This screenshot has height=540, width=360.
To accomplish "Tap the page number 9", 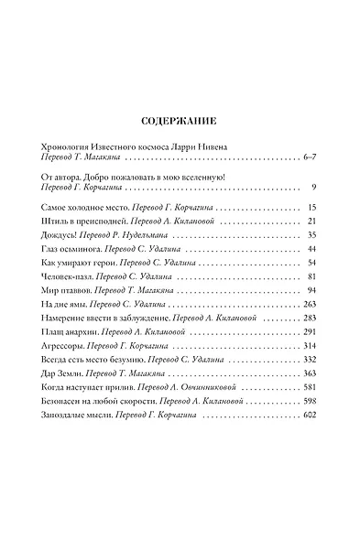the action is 313,187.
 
